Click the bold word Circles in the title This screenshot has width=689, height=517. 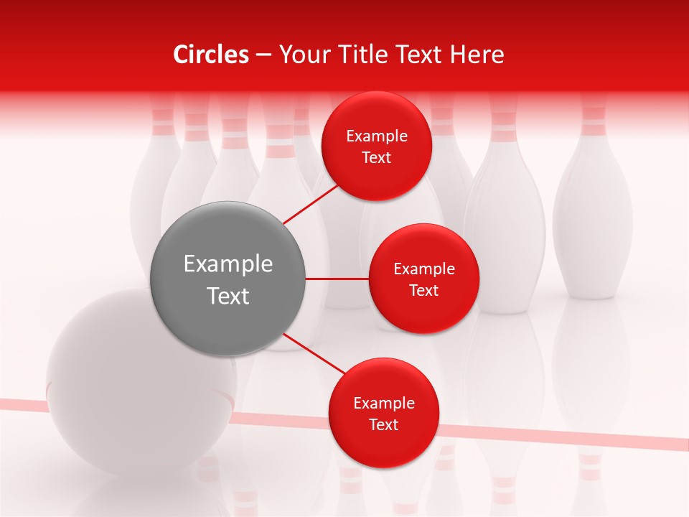[x=210, y=55]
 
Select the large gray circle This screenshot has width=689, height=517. [x=228, y=279]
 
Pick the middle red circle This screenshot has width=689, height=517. [x=423, y=279]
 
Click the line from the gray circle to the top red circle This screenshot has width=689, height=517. [x=312, y=203]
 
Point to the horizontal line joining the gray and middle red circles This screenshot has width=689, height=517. [x=337, y=279]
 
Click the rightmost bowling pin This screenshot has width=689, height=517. [x=592, y=208]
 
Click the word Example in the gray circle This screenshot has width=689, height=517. [x=228, y=264]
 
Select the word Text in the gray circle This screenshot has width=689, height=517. [x=228, y=296]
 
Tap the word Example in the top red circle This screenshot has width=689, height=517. [x=377, y=136]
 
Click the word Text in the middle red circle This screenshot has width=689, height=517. [x=423, y=290]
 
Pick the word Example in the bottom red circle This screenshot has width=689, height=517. [x=383, y=403]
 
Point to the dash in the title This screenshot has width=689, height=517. [x=263, y=55]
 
